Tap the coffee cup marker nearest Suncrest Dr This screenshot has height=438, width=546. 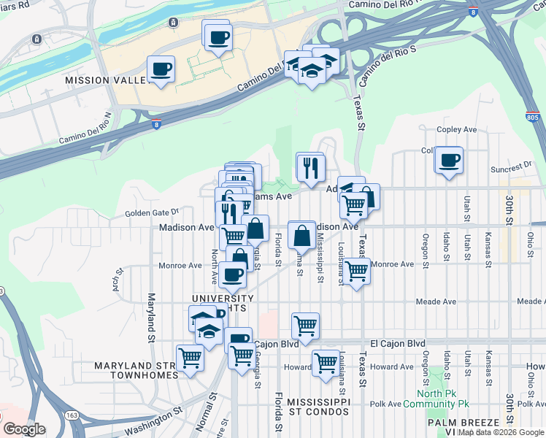point(449,160)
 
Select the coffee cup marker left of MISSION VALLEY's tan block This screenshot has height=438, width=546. point(161,70)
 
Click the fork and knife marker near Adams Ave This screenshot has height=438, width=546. point(310,167)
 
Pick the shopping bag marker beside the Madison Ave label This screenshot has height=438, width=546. point(302,235)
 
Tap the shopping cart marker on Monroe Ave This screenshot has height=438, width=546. point(356,271)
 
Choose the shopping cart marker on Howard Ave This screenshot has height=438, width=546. point(326,362)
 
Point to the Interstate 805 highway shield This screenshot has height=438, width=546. point(533,117)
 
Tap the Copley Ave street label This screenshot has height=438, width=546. point(456,129)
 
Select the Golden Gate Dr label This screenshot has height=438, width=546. point(151,212)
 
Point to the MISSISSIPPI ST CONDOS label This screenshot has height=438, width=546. point(319,408)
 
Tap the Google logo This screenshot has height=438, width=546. point(25,429)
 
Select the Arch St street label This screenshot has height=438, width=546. point(115,277)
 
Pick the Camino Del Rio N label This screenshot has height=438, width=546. point(86,127)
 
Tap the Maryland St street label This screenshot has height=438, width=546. point(152,318)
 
